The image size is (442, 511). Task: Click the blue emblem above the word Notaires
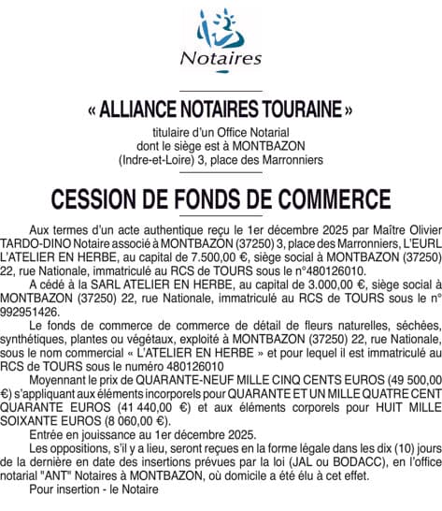221,28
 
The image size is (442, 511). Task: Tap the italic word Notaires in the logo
221,58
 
